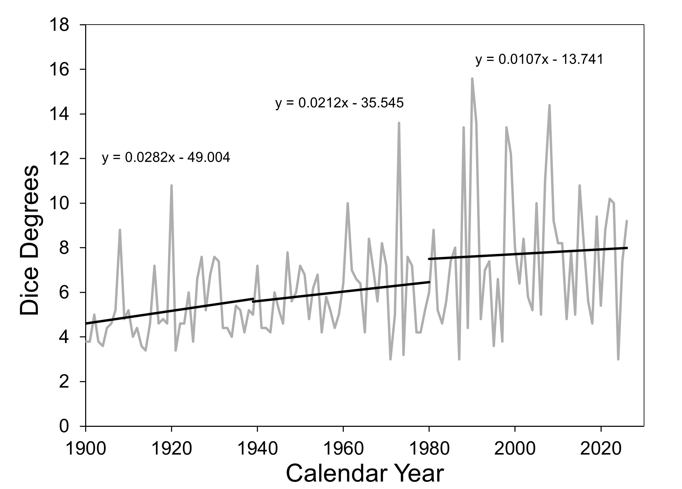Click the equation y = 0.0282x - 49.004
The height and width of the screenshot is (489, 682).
click(x=166, y=158)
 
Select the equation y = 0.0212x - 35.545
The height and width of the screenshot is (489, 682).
click(x=339, y=103)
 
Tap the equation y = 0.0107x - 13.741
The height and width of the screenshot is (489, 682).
click(x=539, y=59)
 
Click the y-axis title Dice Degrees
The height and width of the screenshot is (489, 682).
click(x=29, y=240)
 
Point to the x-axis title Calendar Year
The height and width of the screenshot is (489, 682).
click(x=365, y=473)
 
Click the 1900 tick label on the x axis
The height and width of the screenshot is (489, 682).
click(x=86, y=448)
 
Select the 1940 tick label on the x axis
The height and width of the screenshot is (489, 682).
click(x=257, y=448)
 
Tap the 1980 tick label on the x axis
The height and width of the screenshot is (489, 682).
click(x=429, y=448)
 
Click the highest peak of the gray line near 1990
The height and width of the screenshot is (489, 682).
click(x=472, y=79)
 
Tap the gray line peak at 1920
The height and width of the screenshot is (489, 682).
click(x=171, y=186)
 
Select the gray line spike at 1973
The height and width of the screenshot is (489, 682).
click(x=399, y=123)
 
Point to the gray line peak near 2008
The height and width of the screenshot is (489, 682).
click(x=549, y=105)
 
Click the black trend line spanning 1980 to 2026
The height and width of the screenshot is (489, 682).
click(x=528, y=253)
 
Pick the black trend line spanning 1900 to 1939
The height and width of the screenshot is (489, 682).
click(x=169, y=311)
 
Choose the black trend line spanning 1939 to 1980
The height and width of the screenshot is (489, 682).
click(x=341, y=290)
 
